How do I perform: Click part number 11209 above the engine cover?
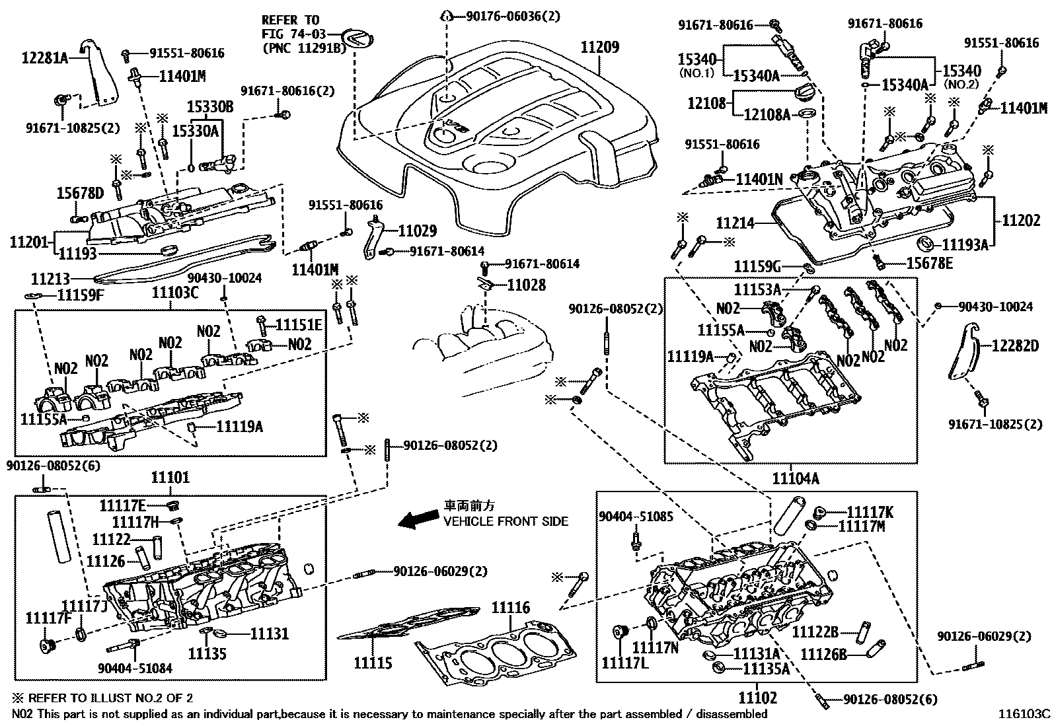click(600, 47)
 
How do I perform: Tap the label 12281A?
click(45, 57)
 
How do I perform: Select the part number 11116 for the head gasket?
click(511, 608)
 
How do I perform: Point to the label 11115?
click(373, 663)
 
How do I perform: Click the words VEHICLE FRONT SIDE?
click(506, 521)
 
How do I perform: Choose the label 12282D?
click(1016, 345)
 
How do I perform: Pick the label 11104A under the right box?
click(796, 478)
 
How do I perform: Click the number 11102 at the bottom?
click(757, 698)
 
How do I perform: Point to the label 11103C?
click(175, 293)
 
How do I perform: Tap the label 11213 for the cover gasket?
click(50, 279)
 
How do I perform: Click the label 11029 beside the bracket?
click(418, 231)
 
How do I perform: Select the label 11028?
click(526, 285)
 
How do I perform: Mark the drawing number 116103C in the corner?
click(1024, 714)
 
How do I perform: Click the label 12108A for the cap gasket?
click(767, 114)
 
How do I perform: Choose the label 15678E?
click(930, 264)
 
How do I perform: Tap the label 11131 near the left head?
click(269, 634)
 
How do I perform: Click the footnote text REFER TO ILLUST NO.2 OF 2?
click(111, 698)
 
